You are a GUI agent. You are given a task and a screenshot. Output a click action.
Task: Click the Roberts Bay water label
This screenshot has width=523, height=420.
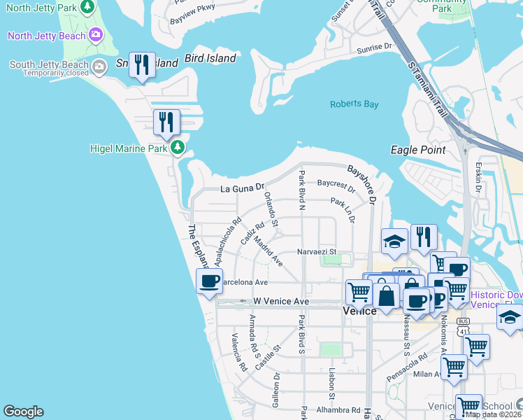coord(354,104)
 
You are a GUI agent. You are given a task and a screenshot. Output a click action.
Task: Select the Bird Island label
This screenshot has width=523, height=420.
coord(210,59)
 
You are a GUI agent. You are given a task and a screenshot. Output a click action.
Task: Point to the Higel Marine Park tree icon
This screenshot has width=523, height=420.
coord(178,148)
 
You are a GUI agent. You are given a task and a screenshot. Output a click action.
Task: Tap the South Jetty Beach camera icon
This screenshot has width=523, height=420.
coord(99,66)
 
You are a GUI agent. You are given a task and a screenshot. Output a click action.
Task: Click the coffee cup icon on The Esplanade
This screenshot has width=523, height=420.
coord(208,281)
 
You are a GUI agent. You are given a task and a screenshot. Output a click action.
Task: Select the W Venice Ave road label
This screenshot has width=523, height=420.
coord(280,301)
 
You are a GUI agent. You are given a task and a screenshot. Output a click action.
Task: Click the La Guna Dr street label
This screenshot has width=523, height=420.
coord(243,188)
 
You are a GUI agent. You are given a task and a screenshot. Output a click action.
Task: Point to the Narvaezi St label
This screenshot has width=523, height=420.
coord(317,251)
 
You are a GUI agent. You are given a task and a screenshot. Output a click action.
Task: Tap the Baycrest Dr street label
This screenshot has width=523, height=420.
coord(336,184)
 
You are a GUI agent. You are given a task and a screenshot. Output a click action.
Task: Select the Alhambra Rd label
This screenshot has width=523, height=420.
coord(337,410)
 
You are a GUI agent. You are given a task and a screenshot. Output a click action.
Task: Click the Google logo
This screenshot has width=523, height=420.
coord(23,412)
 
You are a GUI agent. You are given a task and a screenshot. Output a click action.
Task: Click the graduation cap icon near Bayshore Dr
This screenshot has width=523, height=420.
coord(394,242)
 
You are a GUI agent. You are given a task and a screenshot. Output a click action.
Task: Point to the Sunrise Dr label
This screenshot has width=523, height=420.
coord(374,47)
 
